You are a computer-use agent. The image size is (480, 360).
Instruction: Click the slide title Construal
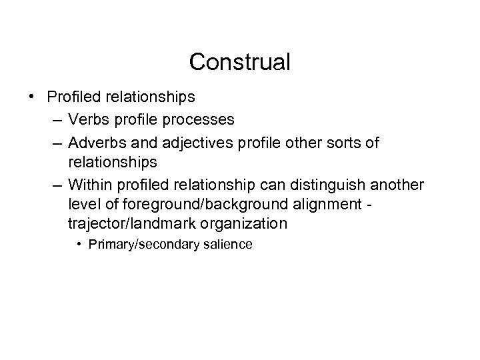click(239, 62)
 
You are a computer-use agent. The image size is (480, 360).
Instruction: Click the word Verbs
click(87, 119)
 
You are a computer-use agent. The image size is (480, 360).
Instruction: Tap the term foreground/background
click(186, 205)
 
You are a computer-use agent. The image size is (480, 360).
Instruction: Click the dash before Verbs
click(53, 120)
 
